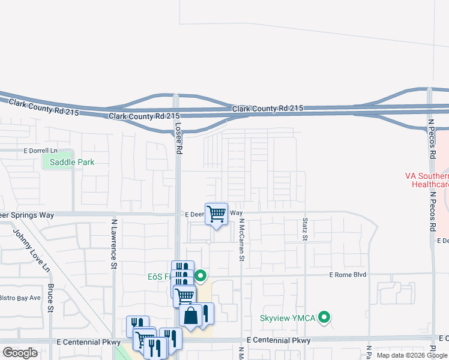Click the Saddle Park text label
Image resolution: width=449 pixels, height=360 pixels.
point(72,162)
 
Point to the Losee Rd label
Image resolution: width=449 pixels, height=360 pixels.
point(178,138)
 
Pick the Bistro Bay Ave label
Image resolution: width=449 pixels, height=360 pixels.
point(19,298)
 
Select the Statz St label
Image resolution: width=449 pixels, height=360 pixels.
point(304,230)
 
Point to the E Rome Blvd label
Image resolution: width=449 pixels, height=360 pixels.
point(348,275)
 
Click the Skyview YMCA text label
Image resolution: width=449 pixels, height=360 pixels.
point(288,317)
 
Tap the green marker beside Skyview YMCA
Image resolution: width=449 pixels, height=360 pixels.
point(324,317)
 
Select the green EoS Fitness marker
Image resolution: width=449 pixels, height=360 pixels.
point(200,277)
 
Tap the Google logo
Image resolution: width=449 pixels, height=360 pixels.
point(20,353)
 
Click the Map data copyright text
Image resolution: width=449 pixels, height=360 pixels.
point(412,355)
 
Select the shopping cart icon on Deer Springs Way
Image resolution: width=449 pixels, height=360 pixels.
point(216,214)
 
